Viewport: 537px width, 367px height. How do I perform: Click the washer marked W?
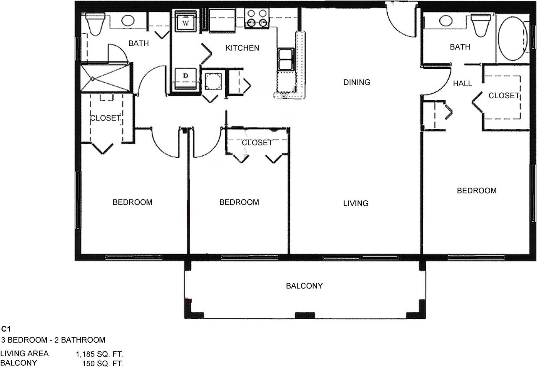coord(185,21)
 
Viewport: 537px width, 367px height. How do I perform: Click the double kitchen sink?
coord(286,59)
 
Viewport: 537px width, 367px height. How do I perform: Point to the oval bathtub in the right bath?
coord(513,38)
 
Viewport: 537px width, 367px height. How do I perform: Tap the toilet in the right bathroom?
coord(481,25)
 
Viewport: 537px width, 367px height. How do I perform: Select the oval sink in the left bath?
coord(128,21)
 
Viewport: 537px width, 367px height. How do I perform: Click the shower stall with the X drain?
coord(105,78)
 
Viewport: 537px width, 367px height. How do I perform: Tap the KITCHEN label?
coord(242,48)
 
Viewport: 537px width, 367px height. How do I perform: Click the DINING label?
coord(357,82)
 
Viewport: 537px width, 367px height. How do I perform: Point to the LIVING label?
coord(356,203)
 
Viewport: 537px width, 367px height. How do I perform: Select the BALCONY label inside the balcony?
coord(304,286)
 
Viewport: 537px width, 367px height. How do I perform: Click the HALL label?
coord(462,84)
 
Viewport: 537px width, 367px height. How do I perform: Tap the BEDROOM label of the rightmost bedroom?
coord(477,191)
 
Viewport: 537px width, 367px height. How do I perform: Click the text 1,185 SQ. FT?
coord(100,354)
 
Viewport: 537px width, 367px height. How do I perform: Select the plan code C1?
coord(6,329)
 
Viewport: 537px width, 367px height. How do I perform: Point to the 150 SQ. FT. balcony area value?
coord(103,363)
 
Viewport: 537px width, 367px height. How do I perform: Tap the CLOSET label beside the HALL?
coord(504,96)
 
